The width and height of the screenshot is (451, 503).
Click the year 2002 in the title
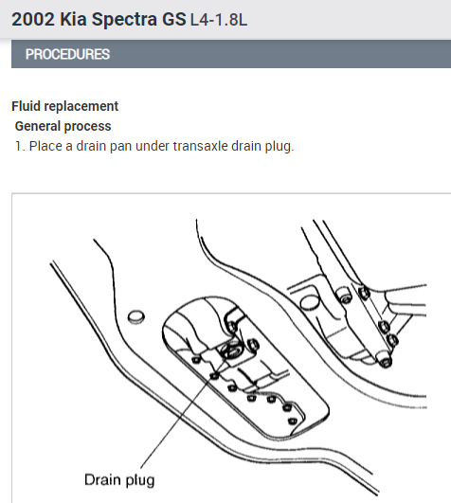[33, 19]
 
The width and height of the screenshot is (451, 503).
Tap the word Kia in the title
[74, 19]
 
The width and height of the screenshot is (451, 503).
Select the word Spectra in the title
[124, 20]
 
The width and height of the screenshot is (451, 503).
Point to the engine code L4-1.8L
[219, 20]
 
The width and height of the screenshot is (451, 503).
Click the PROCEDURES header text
[67, 54]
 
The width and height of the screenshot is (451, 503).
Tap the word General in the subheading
[38, 126]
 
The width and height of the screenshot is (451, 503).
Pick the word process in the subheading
[88, 127]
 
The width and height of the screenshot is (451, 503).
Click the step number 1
[20, 146]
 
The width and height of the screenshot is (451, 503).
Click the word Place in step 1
[45, 146]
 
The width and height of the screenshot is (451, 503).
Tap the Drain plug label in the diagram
[119, 480]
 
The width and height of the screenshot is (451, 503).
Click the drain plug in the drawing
[231, 350]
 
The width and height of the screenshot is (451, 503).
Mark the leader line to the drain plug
[184, 411]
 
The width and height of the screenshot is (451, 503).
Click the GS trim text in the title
[173, 19]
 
